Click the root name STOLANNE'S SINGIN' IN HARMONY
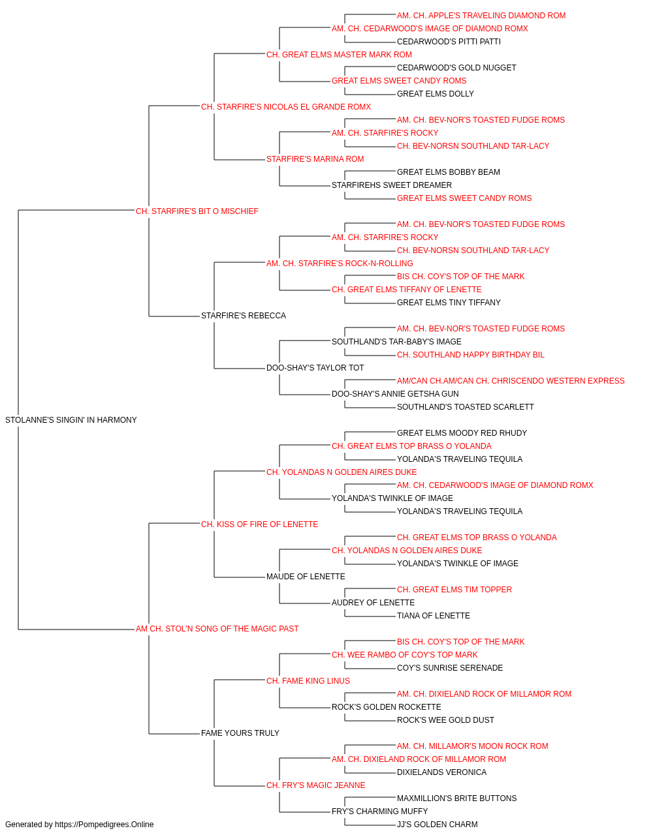pyautogui.click(x=71, y=420)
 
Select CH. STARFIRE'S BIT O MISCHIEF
pyautogui.click(x=197, y=211)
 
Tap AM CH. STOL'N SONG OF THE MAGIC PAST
pyautogui.click(x=217, y=629)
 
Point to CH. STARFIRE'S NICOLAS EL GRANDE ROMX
pyautogui.click(x=286, y=107)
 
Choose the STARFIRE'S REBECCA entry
pyautogui.click(x=244, y=316)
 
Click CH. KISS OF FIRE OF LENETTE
pyautogui.click(x=260, y=524)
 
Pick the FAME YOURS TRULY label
pyautogui.click(x=240, y=733)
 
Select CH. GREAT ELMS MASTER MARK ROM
pyautogui.click(x=339, y=55)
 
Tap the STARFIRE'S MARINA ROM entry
pyautogui.click(x=315, y=159)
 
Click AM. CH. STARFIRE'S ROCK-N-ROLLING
pyautogui.click(x=340, y=264)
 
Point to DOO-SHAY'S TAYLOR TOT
pyautogui.click(x=315, y=368)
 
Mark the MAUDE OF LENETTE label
pyautogui.click(x=306, y=577)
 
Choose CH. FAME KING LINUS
pyautogui.click(x=308, y=681)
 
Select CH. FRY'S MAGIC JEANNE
pyautogui.click(x=316, y=785)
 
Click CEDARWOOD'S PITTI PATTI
pyautogui.click(x=449, y=42)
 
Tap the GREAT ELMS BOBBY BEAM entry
pyautogui.click(x=449, y=172)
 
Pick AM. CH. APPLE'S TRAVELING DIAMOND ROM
pyautogui.click(x=481, y=16)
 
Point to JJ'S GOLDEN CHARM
pyautogui.click(x=438, y=825)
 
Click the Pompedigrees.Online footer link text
pyautogui.click(x=104, y=825)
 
